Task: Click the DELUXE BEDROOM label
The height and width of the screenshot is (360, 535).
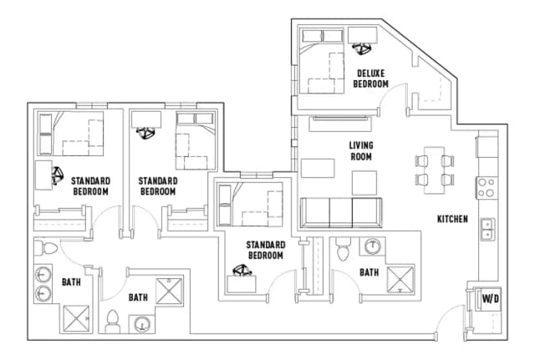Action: (370, 78)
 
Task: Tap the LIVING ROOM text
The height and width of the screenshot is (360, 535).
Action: (360, 150)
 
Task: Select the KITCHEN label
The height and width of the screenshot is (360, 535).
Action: (452, 220)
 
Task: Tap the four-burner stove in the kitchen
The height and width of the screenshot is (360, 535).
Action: (486, 188)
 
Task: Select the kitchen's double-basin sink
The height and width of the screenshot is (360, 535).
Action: (487, 228)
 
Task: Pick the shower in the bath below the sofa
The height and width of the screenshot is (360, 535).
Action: (400, 276)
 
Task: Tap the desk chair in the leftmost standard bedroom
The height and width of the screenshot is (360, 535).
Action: (59, 175)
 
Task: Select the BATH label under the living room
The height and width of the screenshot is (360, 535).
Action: (369, 272)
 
